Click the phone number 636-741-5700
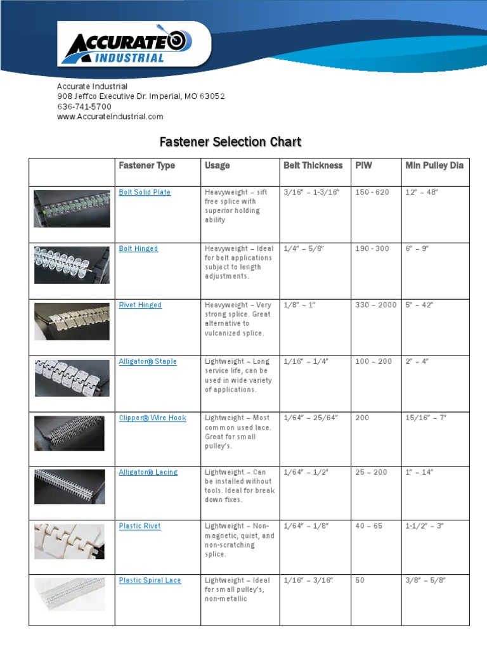click(84, 106)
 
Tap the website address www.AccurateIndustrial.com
click(110, 117)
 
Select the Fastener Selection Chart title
click(230, 142)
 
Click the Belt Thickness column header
click(313, 165)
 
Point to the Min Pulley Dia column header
click(434, 165)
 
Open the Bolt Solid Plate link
click(145, 192)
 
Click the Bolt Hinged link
click(138, 248)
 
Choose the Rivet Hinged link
click(140, 305)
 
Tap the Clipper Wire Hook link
click(152, 418)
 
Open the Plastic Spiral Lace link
click(150, 581)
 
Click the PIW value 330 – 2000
click(375, 305)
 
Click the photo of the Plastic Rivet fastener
click(69, 541)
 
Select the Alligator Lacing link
click(148, 472)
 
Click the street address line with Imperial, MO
click(141, 96)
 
